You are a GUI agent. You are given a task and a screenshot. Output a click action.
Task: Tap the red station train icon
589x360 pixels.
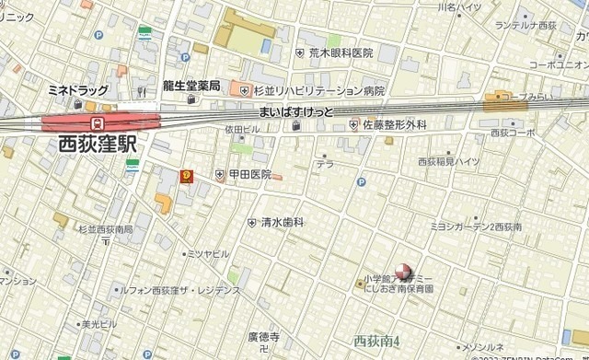[x=96, y=121]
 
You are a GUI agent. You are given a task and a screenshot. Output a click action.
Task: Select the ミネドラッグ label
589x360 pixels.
[x=76, y=91]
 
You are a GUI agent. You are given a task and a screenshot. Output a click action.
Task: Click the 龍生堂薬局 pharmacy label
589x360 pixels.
[x=191, y=86]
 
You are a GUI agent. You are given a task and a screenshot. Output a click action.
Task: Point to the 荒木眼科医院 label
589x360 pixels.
[x=341, y=53]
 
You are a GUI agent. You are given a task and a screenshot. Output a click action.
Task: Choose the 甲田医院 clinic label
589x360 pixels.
[x=249, y=174]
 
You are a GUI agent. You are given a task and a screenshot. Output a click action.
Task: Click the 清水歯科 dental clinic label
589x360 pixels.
[x=282, y=222]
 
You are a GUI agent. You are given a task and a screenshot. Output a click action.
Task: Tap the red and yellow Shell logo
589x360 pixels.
[x=188, y=173]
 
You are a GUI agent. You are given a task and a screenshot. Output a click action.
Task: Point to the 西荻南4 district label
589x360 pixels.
[x=376, y=341]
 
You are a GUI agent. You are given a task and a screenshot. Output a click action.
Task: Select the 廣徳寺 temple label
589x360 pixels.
[x=263, y=337]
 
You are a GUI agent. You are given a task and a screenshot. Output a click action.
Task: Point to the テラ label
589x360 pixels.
[x=324, y=165]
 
